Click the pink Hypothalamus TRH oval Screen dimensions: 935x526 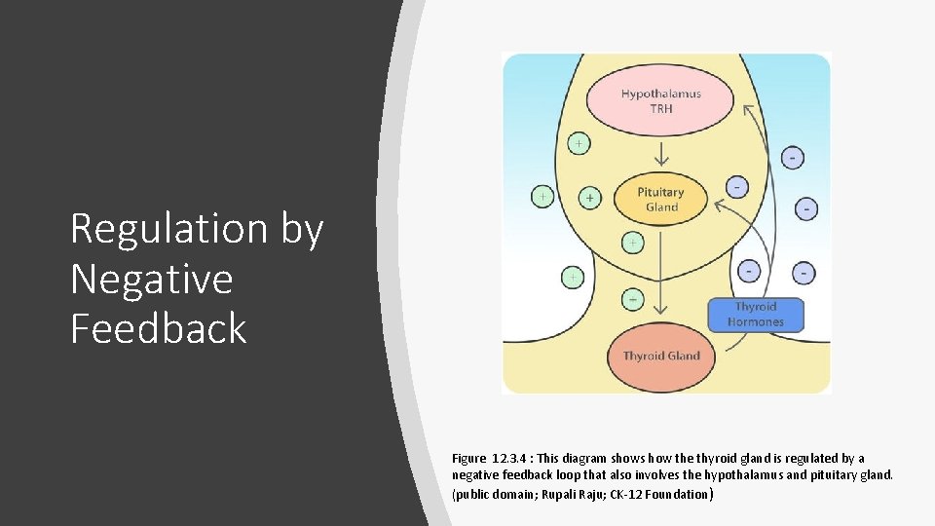click(660, 100)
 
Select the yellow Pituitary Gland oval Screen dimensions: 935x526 click(661, 199)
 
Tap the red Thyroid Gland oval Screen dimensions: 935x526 click(661, 356)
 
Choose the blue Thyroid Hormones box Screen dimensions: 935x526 click(756, 315)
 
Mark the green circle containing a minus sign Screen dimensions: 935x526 click(633, 299)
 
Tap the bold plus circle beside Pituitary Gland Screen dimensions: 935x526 click(589, 198)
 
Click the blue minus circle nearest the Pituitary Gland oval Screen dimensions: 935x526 click(737, 185)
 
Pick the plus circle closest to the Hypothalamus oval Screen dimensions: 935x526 click(579, 143)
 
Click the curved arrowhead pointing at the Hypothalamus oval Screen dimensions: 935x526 click(748, 109)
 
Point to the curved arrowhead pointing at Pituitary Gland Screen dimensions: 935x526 click(721, 206)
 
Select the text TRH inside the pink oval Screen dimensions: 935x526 click(661, 108)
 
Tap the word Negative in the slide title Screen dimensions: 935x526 click(152, 280)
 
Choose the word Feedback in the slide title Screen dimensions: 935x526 click(159, 328)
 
